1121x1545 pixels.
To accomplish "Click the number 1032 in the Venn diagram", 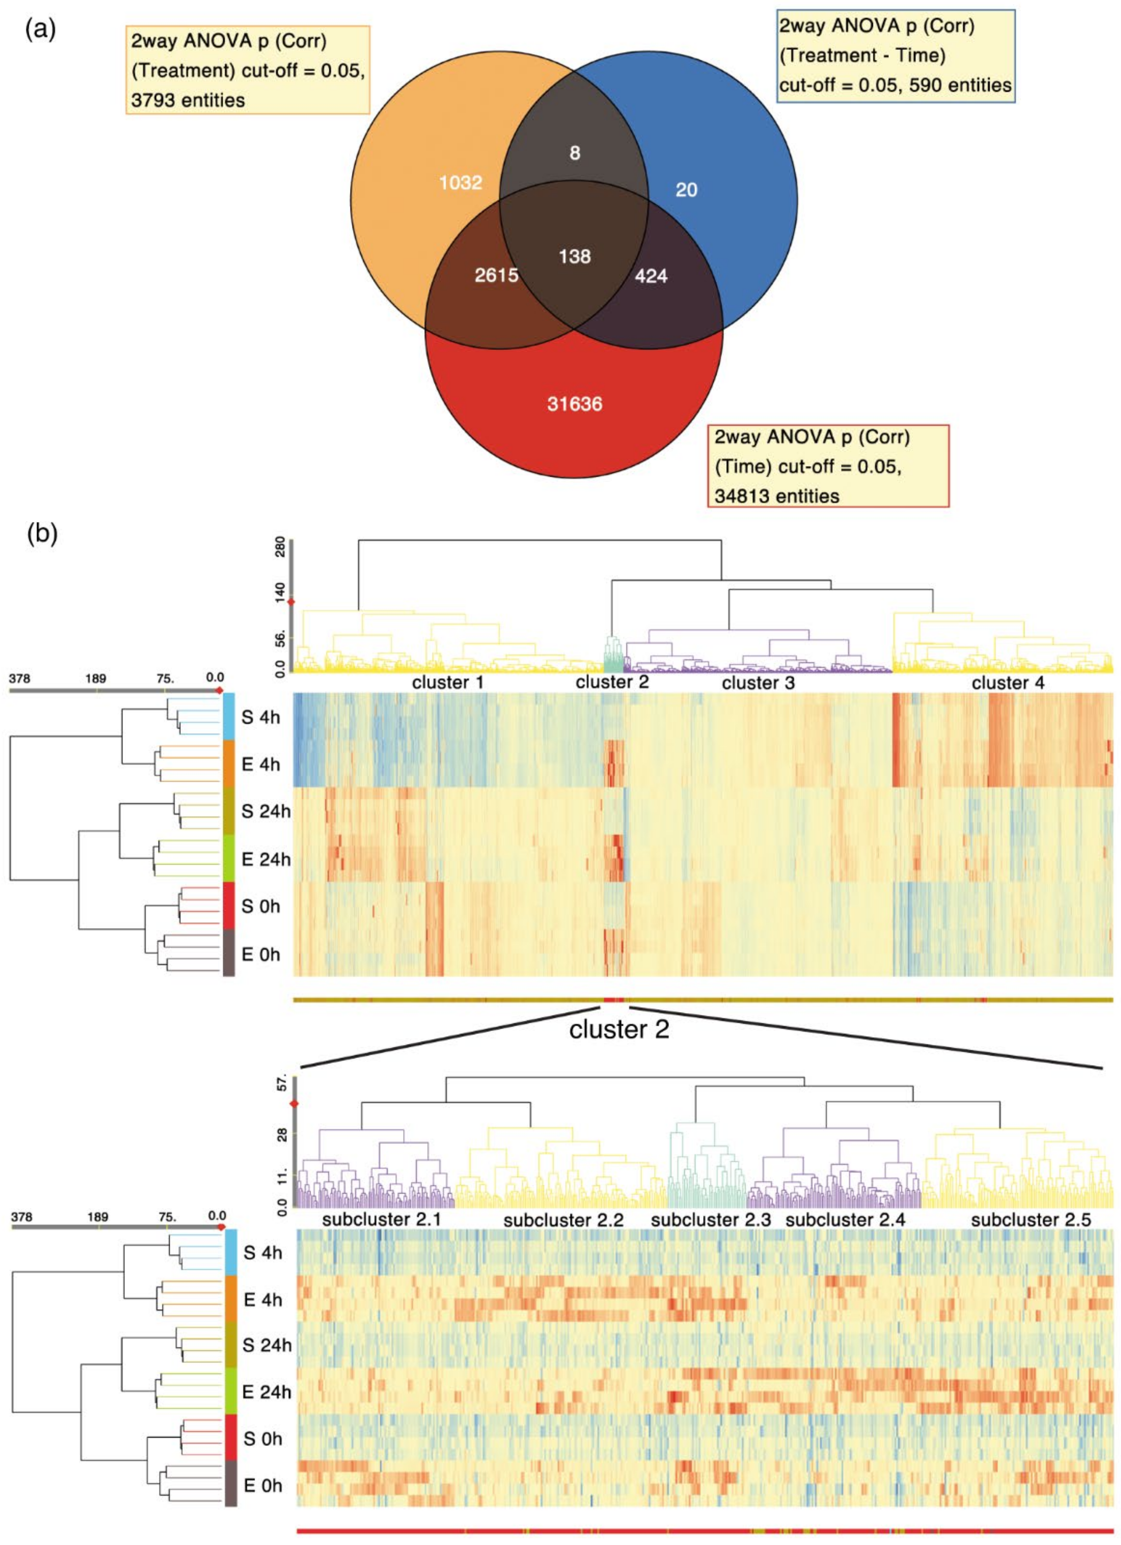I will (x=461, y=183).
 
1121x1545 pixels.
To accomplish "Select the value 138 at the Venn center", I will (x=575, y=257).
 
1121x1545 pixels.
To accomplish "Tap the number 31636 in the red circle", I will (x=575, y=404).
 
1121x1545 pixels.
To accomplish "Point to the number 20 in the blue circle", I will (x=686, y=190).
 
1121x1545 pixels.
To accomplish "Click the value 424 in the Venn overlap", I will (x=651, y=276).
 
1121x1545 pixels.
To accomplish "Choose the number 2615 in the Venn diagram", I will (x=496, y=275).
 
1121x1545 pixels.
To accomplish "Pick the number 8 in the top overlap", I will (x=575, y=153).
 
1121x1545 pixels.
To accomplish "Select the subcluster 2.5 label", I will (x=1030, y=1219).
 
